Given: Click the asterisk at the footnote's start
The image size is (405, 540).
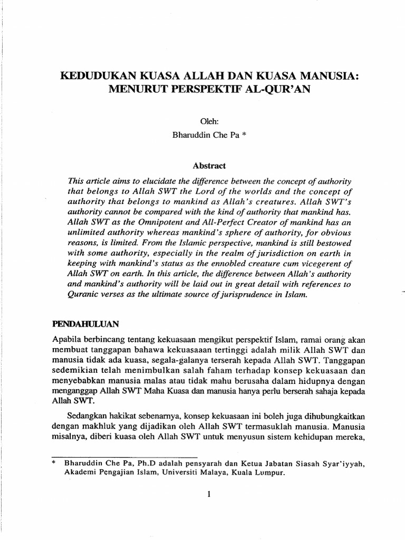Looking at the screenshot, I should [53, 464].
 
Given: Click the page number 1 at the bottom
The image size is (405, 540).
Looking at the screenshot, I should [209, 494].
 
